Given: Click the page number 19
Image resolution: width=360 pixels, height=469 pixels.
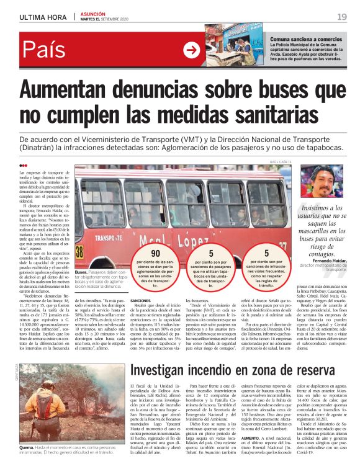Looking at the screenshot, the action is coord(342,16).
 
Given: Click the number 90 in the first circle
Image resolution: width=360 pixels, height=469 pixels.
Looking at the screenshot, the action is coord(156,253).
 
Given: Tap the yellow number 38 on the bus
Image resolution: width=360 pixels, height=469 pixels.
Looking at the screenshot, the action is coord(79,251).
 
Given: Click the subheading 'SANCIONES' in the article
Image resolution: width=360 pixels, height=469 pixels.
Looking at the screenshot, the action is coord(143,300).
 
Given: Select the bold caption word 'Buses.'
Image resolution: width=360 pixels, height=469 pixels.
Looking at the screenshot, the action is coord(81,272).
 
